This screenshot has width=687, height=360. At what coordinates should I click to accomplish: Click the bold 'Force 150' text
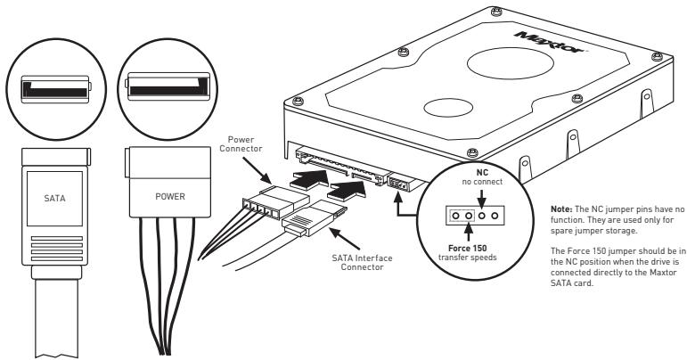(x=464, y=250)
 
